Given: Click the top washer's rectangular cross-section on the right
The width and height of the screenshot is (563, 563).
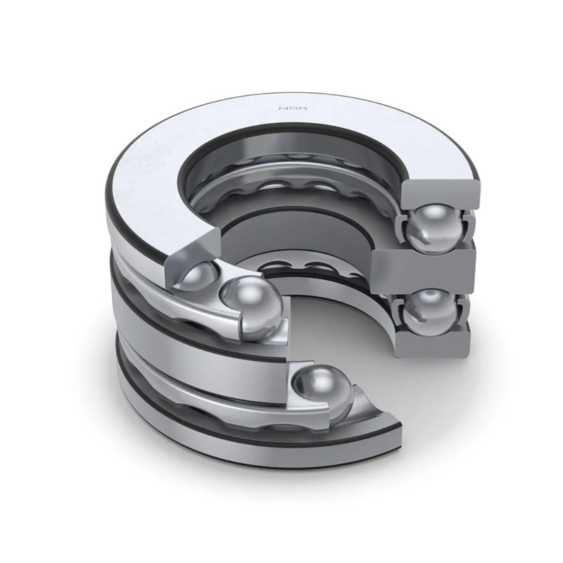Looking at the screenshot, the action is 441,197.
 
